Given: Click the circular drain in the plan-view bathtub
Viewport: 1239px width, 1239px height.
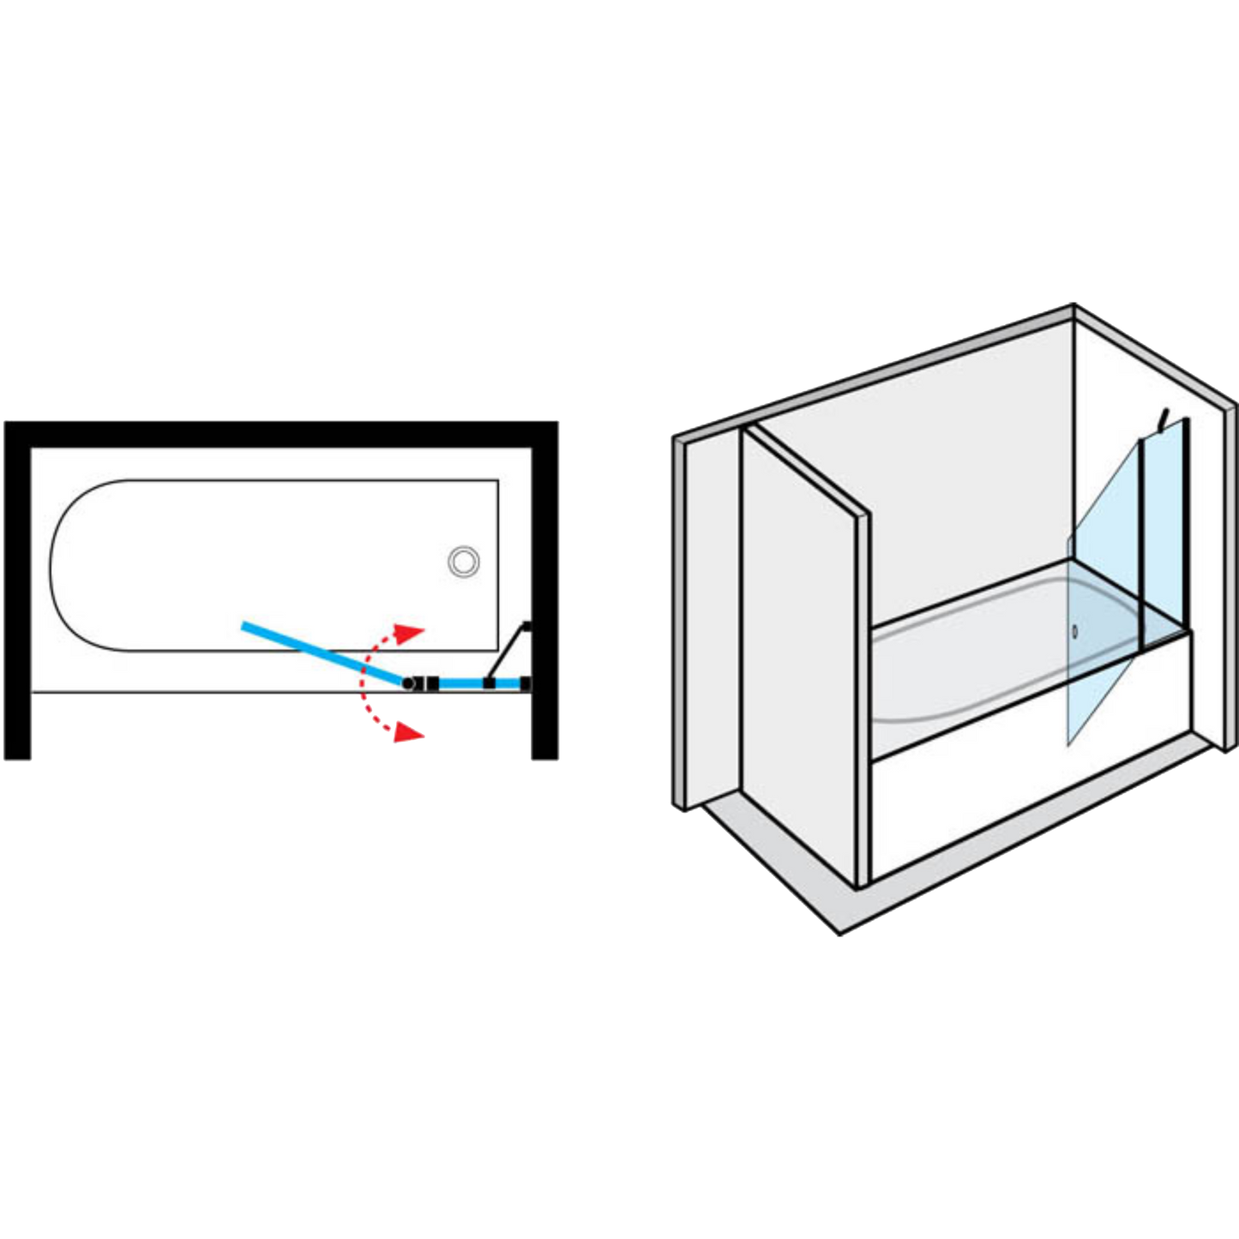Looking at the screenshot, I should point(463,562).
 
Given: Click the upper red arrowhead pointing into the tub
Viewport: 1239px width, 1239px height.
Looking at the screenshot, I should point(414,633).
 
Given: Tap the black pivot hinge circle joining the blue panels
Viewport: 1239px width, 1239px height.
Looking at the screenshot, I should point(409,683).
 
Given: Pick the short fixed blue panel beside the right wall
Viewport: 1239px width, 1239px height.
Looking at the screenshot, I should point(463,683).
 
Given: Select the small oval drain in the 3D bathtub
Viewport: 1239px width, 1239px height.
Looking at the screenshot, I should point(1074,631).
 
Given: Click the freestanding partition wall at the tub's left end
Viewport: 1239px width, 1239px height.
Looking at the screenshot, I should point(797,652).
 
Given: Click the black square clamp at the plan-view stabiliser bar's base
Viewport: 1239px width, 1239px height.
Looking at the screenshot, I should point(487,683).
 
